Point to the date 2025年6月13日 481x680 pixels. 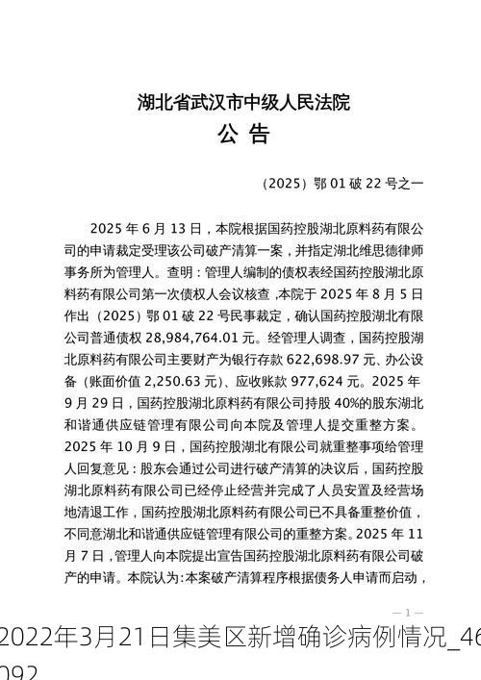click(144, 229)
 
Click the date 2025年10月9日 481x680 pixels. click(120, 447)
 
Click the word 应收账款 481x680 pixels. click(261, 382)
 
